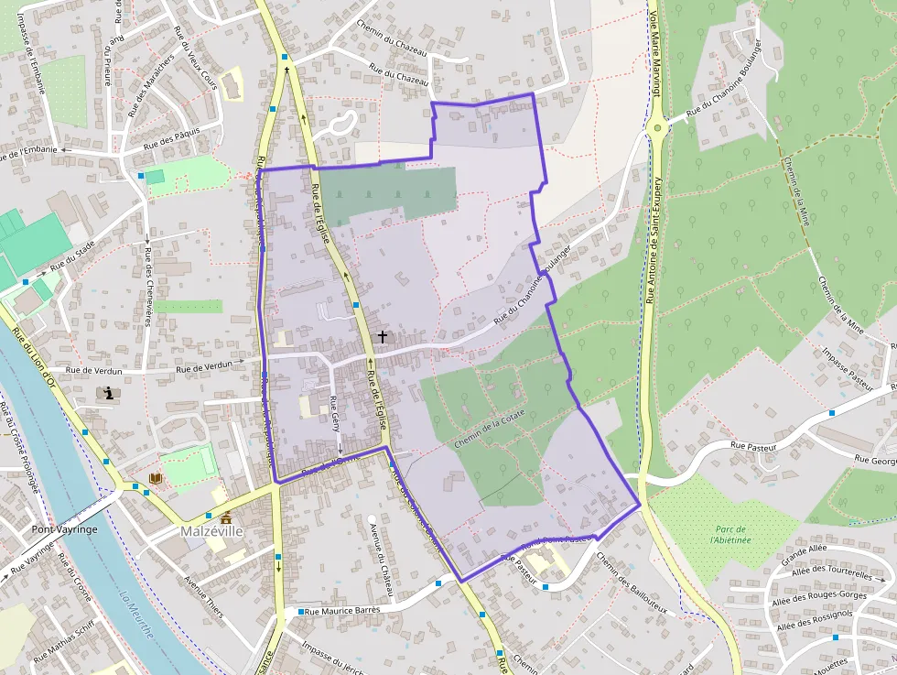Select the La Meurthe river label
click(x=135, y=615)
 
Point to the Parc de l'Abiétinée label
click(x=729, y=535)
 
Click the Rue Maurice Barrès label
click(x=341, y=611)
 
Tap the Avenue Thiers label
click(x=204, y=596)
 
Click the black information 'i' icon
click(x=110, y=394)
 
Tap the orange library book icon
click(x=156, y=478)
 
